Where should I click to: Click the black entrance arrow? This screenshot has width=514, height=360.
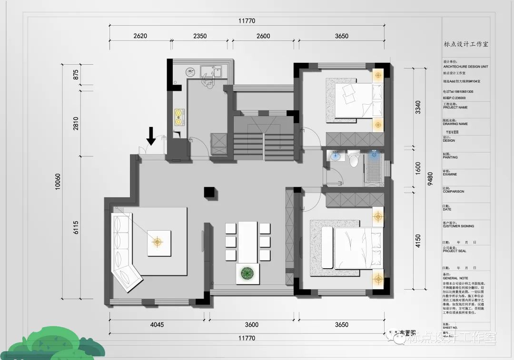151,136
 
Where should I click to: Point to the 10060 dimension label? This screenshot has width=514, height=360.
58,181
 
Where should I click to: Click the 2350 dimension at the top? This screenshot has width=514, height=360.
199,36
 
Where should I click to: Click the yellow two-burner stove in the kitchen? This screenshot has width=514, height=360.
178,117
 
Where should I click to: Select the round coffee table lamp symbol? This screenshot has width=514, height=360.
158,242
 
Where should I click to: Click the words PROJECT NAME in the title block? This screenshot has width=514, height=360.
455,107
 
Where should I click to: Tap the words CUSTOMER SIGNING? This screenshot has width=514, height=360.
458,226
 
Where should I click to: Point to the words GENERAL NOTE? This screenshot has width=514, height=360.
455,278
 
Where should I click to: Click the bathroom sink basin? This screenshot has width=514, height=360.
336,157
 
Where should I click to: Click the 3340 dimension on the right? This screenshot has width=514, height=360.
418,109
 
